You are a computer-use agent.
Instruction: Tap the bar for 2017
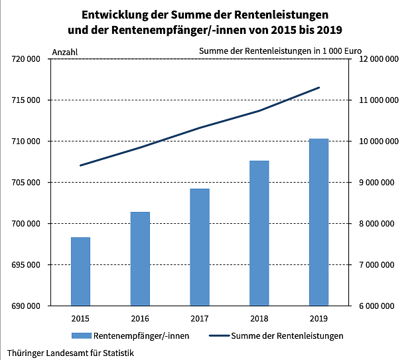tap(200, 247)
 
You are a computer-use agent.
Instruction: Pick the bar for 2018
tap(259, 233)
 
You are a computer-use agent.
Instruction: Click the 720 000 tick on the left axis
tap(27, 59)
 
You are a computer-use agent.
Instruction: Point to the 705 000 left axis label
tap(27, 183)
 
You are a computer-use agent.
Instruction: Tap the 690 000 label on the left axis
tap(27, 306)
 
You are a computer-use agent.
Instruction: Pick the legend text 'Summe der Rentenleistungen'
tap(287, 336)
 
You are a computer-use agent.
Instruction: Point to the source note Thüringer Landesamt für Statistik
tap(70, 353)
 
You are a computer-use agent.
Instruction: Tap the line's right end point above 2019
tap(319, 88)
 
